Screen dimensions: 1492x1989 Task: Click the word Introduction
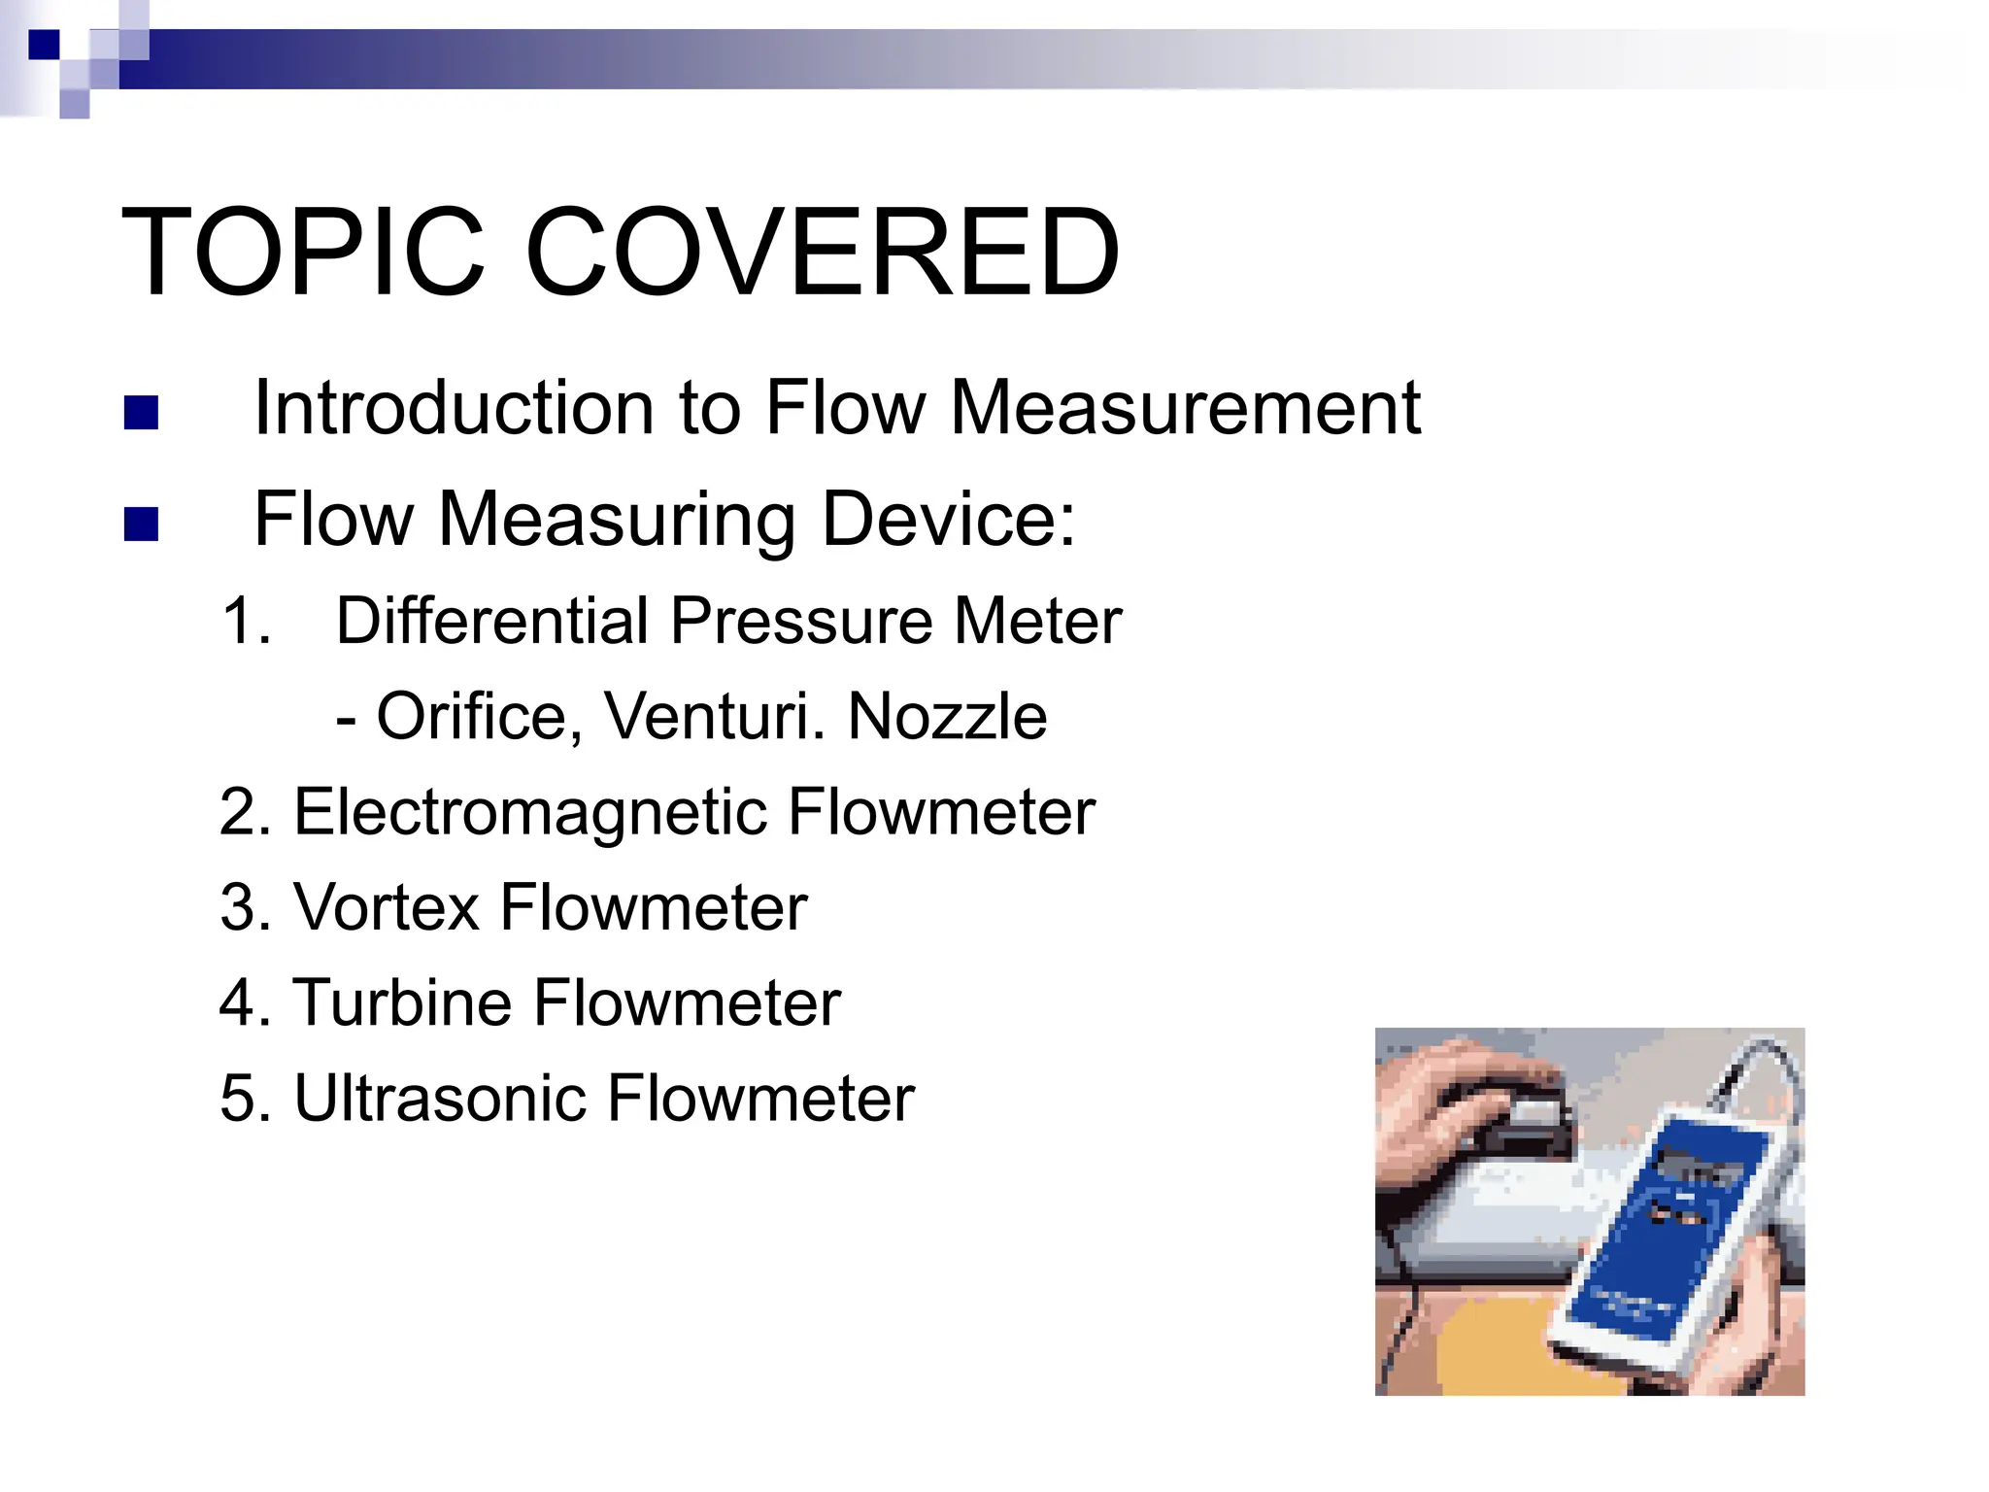click(x=454, y=408)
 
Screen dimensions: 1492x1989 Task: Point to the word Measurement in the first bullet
click(x=1185, y=408)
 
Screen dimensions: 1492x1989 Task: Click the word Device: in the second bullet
click(x=948, y=520)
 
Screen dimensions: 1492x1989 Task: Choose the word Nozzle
click(x=947, y=717)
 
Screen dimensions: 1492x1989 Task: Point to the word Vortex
click(x=386, y=907)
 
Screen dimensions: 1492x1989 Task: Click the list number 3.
click(x=238, y=907)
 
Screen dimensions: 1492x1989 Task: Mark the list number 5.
click(x=238, y=1099)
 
